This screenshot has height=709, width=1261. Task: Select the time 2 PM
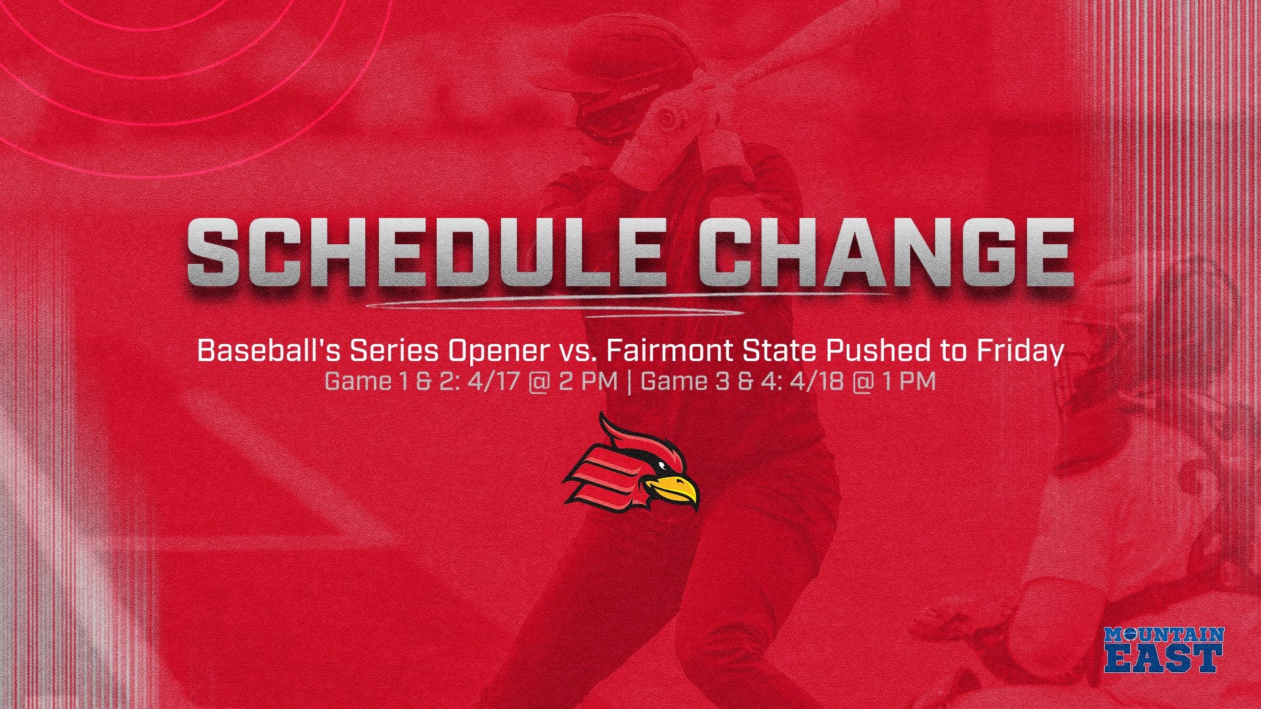pyautogui.click(x=588, y=381)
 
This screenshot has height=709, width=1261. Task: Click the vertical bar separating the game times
pyautogui.click(x=629, y=381)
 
